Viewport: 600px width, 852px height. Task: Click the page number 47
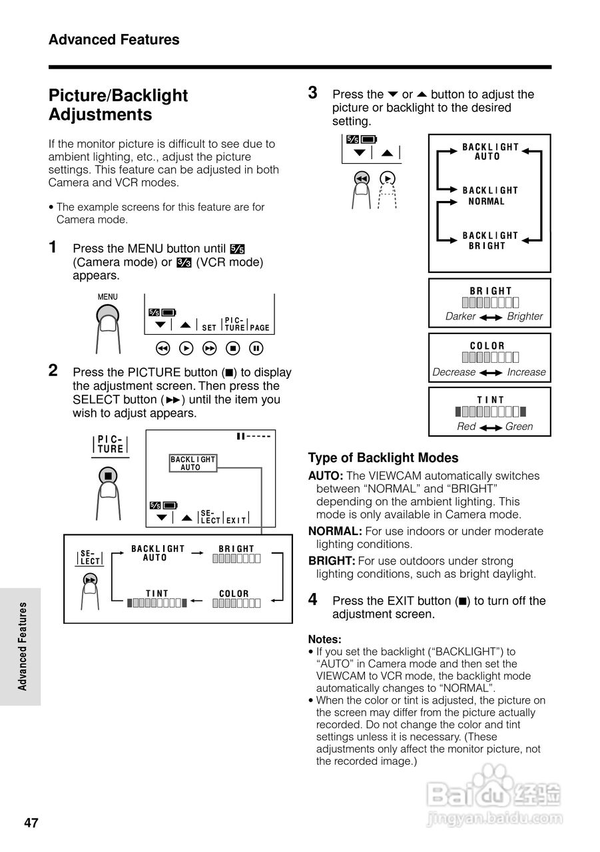pos(31,823)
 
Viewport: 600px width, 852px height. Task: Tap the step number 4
pos(313,599)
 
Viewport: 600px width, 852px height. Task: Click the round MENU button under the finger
pos(108,316)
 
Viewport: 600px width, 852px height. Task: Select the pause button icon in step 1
pos(257,348)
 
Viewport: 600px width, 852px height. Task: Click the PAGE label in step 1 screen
pos(260,327)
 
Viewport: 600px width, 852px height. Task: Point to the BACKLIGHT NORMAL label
pos(490,196)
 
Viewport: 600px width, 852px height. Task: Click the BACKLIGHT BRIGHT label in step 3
pos(490,240)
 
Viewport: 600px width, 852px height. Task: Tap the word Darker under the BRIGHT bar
pos(460,316)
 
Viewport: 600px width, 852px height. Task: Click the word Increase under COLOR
pos(526,372)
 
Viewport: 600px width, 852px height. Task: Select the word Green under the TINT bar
pos(519,427)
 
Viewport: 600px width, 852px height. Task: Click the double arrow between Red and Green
pos(491,427)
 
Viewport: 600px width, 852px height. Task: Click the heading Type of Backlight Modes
pos(383,458)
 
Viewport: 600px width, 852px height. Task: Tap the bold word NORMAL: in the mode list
pos(335,531)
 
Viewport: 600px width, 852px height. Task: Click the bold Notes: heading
pos(324,639)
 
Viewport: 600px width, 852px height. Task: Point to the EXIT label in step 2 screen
pos(236,520)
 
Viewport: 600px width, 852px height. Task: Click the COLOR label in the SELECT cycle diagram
pos(234,593)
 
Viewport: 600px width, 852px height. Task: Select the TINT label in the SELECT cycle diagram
pos(157,593)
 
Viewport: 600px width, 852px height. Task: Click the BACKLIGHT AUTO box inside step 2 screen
pos(192,463)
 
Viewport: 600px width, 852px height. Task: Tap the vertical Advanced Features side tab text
pos(23,646)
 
